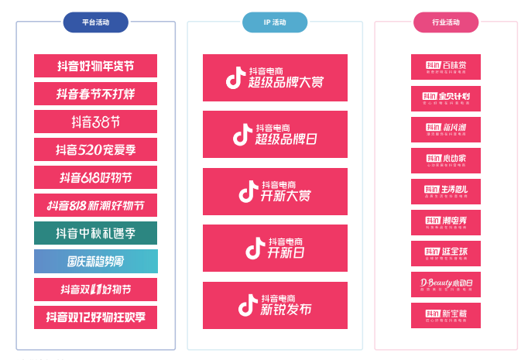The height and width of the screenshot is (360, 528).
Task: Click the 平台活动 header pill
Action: point(95,22)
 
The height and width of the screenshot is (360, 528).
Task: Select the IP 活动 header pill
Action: point(274,22)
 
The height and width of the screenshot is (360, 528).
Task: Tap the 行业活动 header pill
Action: point(445,22)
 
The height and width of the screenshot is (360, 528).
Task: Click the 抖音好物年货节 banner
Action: point(95,66)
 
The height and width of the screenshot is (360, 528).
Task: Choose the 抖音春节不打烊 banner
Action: point(95,94)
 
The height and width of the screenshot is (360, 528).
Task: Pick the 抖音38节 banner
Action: point(95,122)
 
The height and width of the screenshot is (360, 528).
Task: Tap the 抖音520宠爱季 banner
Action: point(95,149)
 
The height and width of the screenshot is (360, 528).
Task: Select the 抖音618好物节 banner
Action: point(95,177)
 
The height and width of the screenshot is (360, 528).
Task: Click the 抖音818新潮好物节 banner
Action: point(95,205)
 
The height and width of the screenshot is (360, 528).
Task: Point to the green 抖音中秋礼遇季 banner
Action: point(95,233)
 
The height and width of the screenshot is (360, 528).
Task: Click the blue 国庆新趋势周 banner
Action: point(95,261)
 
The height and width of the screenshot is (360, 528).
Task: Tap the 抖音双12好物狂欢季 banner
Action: point(95,317)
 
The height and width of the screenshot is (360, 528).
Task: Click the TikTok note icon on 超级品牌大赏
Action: point(235,78)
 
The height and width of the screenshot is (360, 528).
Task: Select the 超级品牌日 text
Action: point(286,139)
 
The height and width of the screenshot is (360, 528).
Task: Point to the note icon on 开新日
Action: point(255,249)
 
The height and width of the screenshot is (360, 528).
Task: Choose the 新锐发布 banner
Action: point(275,305)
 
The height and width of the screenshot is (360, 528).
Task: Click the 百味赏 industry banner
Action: point(445,67)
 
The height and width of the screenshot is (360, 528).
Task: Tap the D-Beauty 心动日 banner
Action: point(445,284)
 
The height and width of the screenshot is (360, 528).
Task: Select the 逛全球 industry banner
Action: point(445,253)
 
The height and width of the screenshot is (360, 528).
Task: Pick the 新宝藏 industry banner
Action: point(445,315)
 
